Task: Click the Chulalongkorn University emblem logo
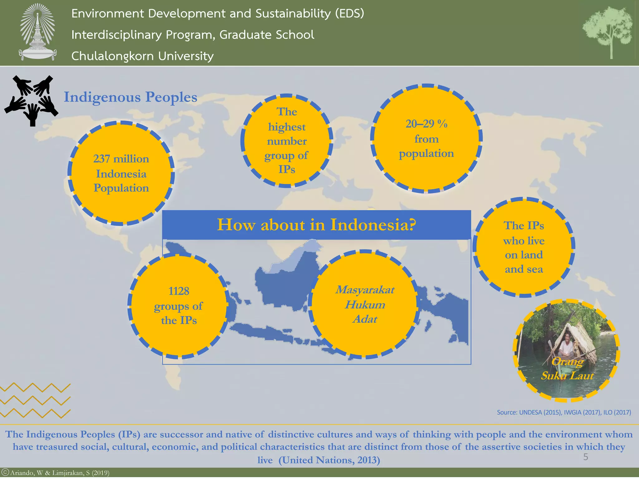(x=37, y=32)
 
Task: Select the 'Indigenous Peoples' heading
(x=130, y=97)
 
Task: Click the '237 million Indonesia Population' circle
(x=121, y=173)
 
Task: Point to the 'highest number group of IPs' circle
(x=287, y=141)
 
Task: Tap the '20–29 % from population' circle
(x=426, y=139)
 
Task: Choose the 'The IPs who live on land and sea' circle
(x=524, y=247)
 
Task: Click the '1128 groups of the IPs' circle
(x=178, y=306)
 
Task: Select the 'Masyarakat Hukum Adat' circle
(x=364, y=304)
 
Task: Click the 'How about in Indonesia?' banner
(x=316, y=225)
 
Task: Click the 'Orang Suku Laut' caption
(x=567, y=369)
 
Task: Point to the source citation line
(x=564, y=412)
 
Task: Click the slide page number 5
(x=586, y=457)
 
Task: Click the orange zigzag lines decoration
(x=35, y=401)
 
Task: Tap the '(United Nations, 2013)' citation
(x=329, y=460)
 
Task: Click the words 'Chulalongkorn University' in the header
(x=142, y=56)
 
